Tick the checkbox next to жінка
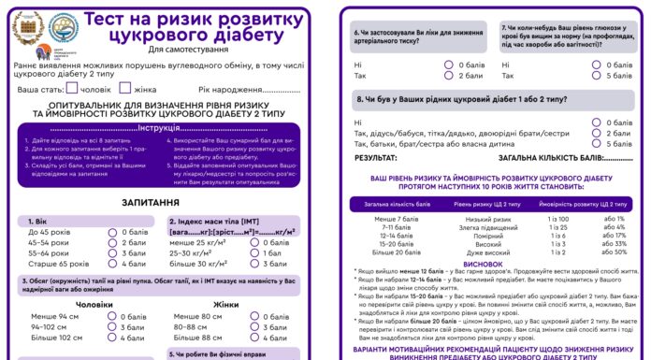tap(125, 89)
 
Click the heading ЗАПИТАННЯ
tap(150, 202)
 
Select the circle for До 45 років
tap(112, 232)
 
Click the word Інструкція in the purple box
tap(165, 128)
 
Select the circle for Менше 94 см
tap(112, 317)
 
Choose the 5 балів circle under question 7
tap(596, 75)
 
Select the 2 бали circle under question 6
tap(440, 75)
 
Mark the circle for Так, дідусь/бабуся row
tap(596, 133)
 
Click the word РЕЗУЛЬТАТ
tap(374, 159)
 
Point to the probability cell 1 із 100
tap(558, 218)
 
